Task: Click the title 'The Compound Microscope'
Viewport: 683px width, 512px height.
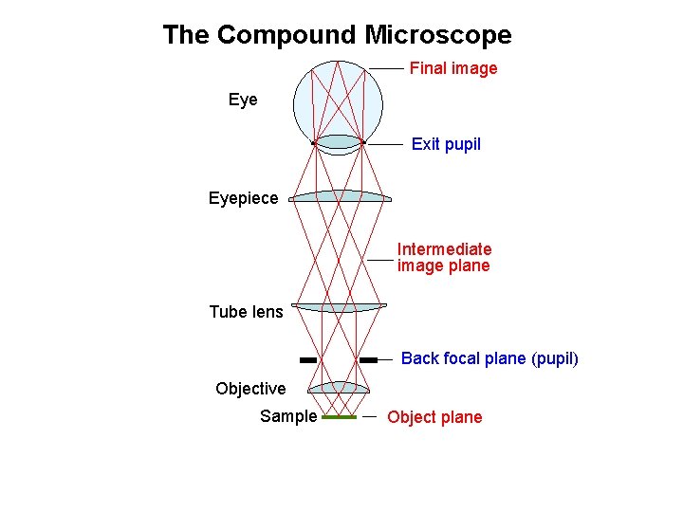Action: tap(337, 36)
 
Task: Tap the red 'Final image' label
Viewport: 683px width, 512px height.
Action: tap(453, 68)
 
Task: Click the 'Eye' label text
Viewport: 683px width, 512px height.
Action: tap(243, 100)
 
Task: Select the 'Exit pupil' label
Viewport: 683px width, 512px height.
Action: tap(446, 144)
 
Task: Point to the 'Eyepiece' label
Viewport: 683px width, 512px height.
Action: tap(244, 198)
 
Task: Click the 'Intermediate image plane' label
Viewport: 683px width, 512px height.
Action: tap(444, 257)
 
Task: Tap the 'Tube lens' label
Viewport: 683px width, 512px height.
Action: tap(246, 312)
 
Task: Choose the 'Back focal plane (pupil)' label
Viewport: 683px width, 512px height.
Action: tap(489, 358)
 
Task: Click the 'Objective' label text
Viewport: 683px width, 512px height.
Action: tap(250, 389)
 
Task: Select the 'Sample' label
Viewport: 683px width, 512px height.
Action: tap(288, 416)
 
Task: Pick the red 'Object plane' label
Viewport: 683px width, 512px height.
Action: tap(434, 417)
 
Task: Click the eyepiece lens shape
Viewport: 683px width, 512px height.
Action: tap(340, 196)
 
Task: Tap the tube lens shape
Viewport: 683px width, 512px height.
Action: tap(340, 307)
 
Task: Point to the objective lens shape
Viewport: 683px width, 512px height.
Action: tap(340, 387)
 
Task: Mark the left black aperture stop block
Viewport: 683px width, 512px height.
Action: tap(307, 360)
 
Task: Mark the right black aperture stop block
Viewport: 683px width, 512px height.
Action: tap(369, 360)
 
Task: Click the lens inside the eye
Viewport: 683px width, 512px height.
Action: tap(339, 142)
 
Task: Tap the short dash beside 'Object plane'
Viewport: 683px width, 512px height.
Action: tap(369, 416)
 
